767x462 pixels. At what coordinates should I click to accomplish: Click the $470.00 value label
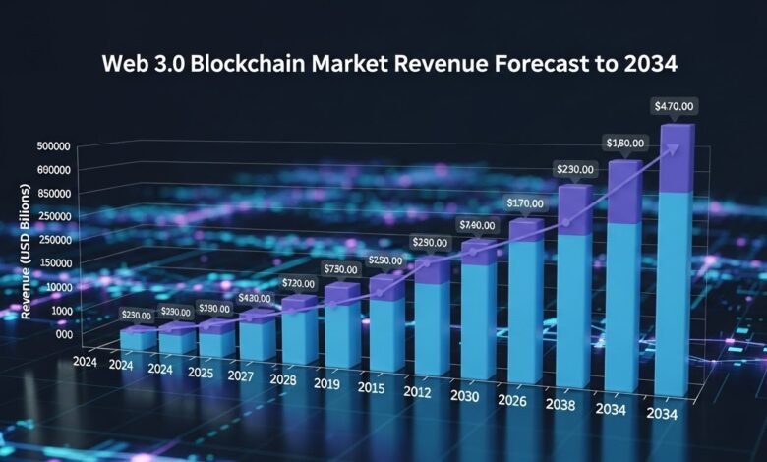(675, 105)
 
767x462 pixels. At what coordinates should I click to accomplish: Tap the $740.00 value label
(478, 226)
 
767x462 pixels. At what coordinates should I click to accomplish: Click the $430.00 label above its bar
(254, 298)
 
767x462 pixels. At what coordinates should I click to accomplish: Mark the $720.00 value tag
(298, 283)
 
